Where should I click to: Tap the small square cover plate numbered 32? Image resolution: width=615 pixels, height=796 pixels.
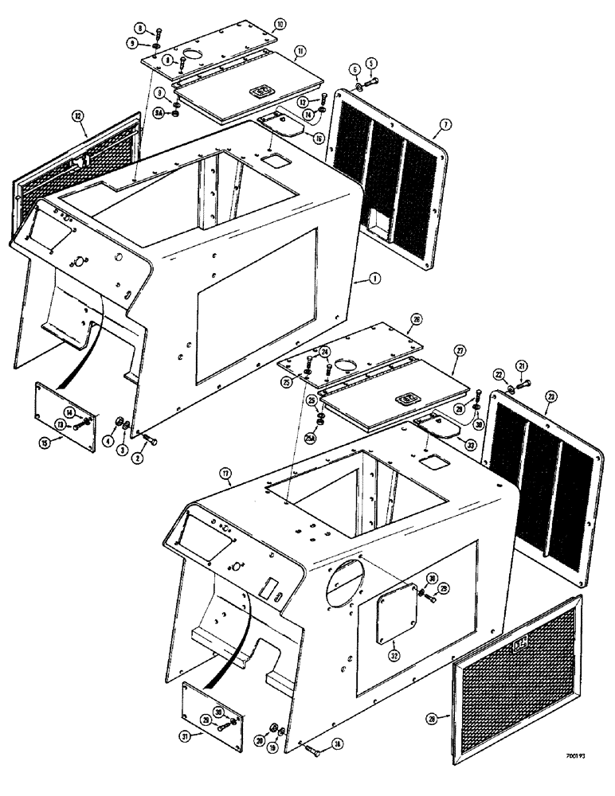click(x=398, y=611)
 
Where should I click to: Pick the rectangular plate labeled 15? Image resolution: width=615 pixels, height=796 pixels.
click(x=65, y=412)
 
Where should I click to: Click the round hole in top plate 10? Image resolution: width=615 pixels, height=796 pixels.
click(x=193, y=56)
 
